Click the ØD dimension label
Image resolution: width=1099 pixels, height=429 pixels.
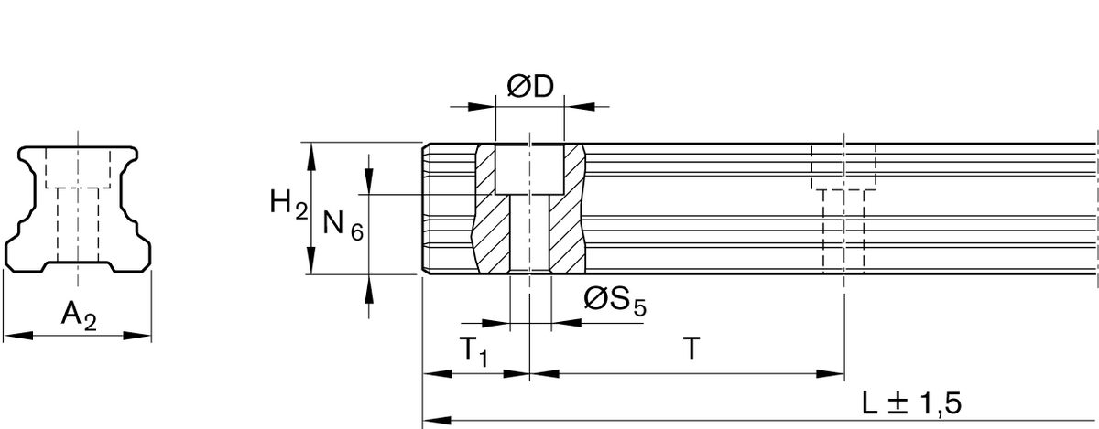[530, 88]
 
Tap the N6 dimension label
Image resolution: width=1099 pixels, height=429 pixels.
[343, 225]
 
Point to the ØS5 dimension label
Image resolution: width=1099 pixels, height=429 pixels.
[615, 299]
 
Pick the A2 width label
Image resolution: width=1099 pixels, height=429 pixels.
[78, 316]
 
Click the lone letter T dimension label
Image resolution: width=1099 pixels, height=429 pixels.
[692, 349]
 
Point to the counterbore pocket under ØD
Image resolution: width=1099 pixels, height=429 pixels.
[529, 170]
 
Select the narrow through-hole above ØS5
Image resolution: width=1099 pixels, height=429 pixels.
[529, 233]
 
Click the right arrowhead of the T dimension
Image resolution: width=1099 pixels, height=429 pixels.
[834, 372]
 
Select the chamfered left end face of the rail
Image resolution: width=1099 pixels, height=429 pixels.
[427, 209]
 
